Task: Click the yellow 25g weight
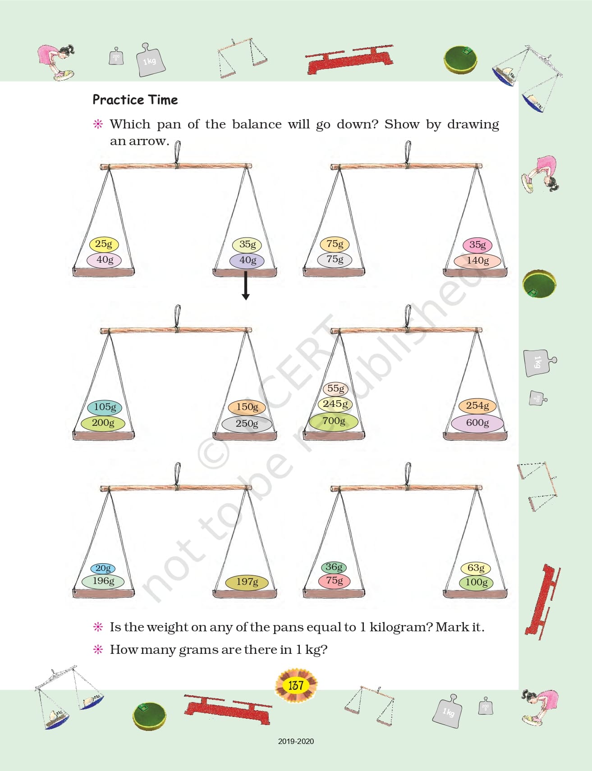point(103,244)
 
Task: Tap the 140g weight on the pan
point(477,260)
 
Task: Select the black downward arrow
point(246,285)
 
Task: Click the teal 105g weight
point(105,407)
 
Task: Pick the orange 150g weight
point(247,407)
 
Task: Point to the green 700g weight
point(334,421)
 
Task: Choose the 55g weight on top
point(335,388)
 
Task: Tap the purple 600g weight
point(477,423)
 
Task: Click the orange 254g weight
point(477,406)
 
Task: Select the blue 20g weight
point(103,569)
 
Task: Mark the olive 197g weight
point(247,582)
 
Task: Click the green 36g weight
point(334,567)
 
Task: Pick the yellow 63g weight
point(476,568)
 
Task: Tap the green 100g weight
point(476,582)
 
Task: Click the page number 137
point(296,685)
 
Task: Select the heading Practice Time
point(135,100)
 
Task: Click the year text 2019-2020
point(296,741)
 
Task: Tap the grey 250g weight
point(247,424)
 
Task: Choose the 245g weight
point(335,404)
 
